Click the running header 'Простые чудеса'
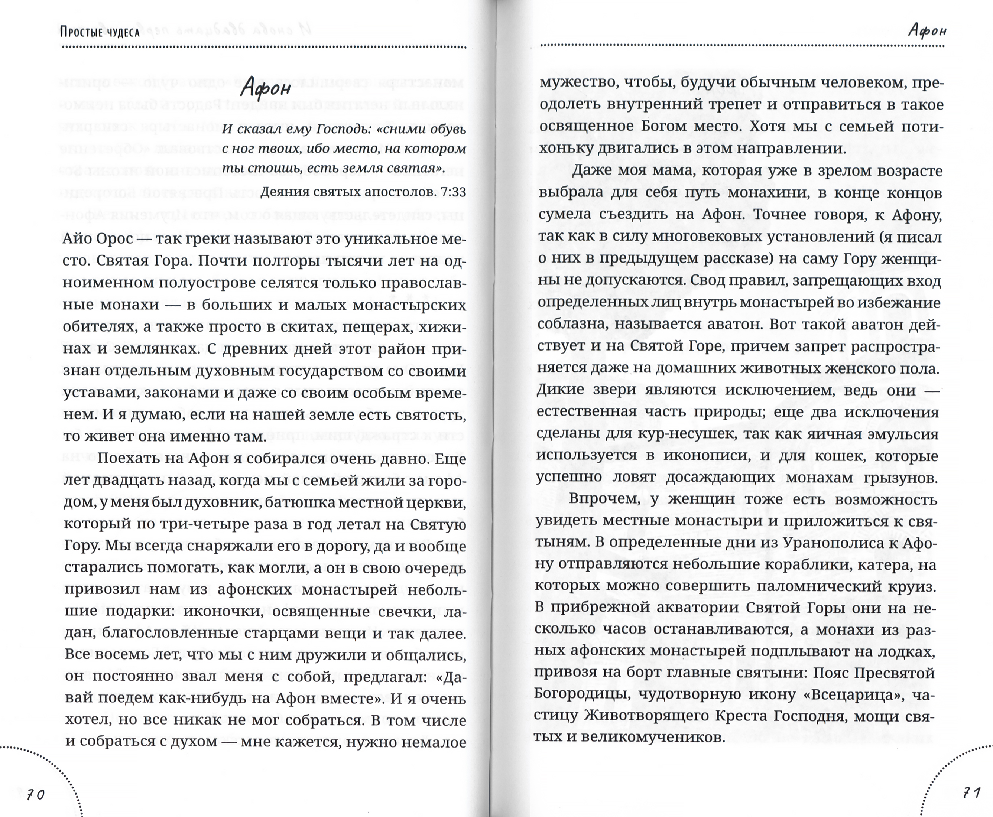(x=100, y=32)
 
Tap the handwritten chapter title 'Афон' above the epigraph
(x=265, y=88)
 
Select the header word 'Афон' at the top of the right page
(x=927, y=31)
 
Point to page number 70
(x=36, y=794)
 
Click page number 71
(x=971, y=792)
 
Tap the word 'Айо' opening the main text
(x=77, y=239)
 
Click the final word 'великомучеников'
(x=653, y=736)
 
